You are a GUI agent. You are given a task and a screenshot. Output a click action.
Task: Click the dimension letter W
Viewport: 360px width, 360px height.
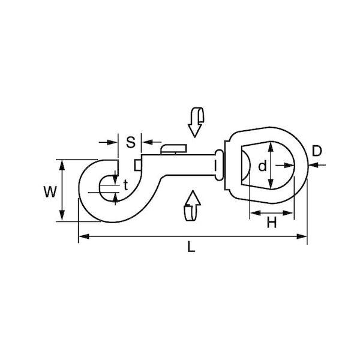[50, 192]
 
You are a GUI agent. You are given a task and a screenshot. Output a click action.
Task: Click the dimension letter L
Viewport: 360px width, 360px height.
[191, 247]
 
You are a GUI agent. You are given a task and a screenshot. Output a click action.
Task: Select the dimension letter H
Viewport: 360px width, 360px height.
[272, 222]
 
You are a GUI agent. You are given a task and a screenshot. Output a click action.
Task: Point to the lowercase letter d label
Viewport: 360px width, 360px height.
[262, 166]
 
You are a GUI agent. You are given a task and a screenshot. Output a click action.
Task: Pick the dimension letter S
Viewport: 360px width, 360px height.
[131, 142]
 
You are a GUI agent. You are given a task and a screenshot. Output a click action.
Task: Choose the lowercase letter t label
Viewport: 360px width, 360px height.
[125, 185]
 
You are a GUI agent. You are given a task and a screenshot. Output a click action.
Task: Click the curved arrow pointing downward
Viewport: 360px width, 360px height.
[196, 122]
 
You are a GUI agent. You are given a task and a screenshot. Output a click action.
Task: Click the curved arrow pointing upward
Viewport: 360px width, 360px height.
[193, 205]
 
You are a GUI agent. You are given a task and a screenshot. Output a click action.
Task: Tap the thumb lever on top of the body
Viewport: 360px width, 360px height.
[173, 149]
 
